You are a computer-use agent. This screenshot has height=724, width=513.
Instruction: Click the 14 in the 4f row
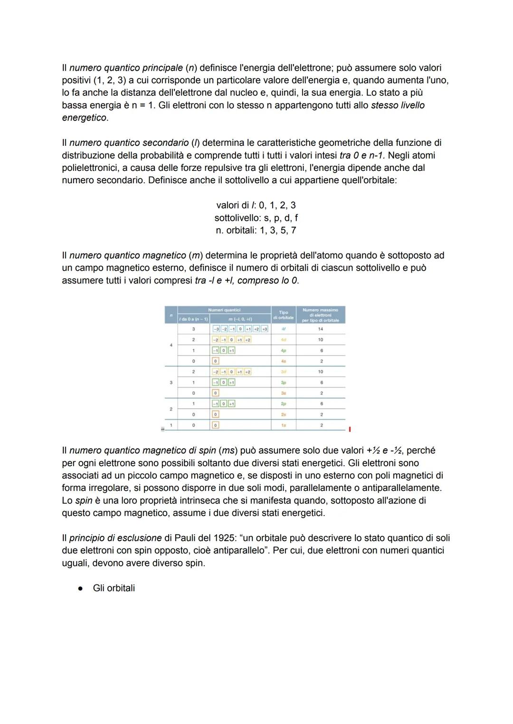(321, 329)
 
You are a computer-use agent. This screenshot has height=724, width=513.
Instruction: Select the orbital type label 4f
(284, 329)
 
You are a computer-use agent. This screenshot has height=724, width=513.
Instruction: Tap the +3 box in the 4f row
(265, 329)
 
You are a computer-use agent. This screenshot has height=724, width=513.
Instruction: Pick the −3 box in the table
(216, 329)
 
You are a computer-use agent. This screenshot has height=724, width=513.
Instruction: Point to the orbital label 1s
(284, 425)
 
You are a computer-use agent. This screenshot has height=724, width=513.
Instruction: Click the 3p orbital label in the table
(284, 382)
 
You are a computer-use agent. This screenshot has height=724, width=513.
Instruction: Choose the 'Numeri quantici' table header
(224, 310)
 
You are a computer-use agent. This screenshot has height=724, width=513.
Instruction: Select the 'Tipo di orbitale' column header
(284, 315)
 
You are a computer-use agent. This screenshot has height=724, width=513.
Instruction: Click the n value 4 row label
(171, 345)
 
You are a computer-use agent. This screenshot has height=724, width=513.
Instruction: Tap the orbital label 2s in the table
(284, 414)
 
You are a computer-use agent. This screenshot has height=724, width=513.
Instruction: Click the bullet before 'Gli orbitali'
(81, 588)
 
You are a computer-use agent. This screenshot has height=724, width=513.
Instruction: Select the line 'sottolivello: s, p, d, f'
(256, 218)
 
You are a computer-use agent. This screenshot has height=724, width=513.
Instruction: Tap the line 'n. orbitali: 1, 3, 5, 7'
(256, 230)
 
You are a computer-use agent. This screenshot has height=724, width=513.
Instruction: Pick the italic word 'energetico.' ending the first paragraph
(85, 118)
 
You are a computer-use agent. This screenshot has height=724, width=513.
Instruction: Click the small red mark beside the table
(350, 429)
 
